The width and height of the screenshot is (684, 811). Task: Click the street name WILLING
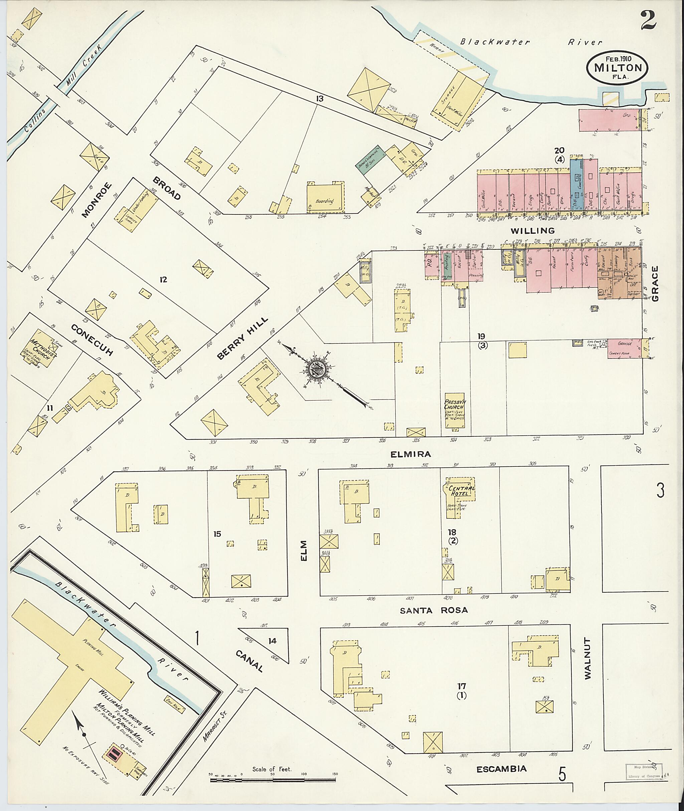(x=532, y=231)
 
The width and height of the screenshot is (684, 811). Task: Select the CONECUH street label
(x=92, y=340)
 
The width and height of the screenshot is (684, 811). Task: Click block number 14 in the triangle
(x=272, y=641)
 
